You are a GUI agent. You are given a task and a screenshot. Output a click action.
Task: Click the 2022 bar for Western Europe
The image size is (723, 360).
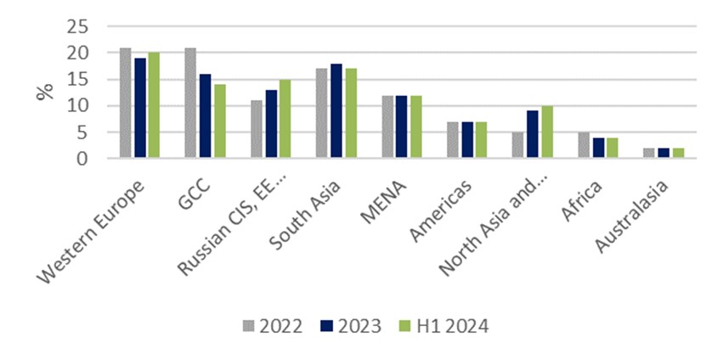click(125, 103)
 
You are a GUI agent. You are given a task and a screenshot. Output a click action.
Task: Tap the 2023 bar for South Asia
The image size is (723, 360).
click(336, 110)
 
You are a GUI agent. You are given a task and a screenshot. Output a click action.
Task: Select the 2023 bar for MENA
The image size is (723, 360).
click(402, 127)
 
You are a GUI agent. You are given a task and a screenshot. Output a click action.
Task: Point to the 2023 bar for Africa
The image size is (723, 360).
click(598, 148)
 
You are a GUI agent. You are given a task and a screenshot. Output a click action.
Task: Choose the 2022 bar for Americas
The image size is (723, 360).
click(453, 140)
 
